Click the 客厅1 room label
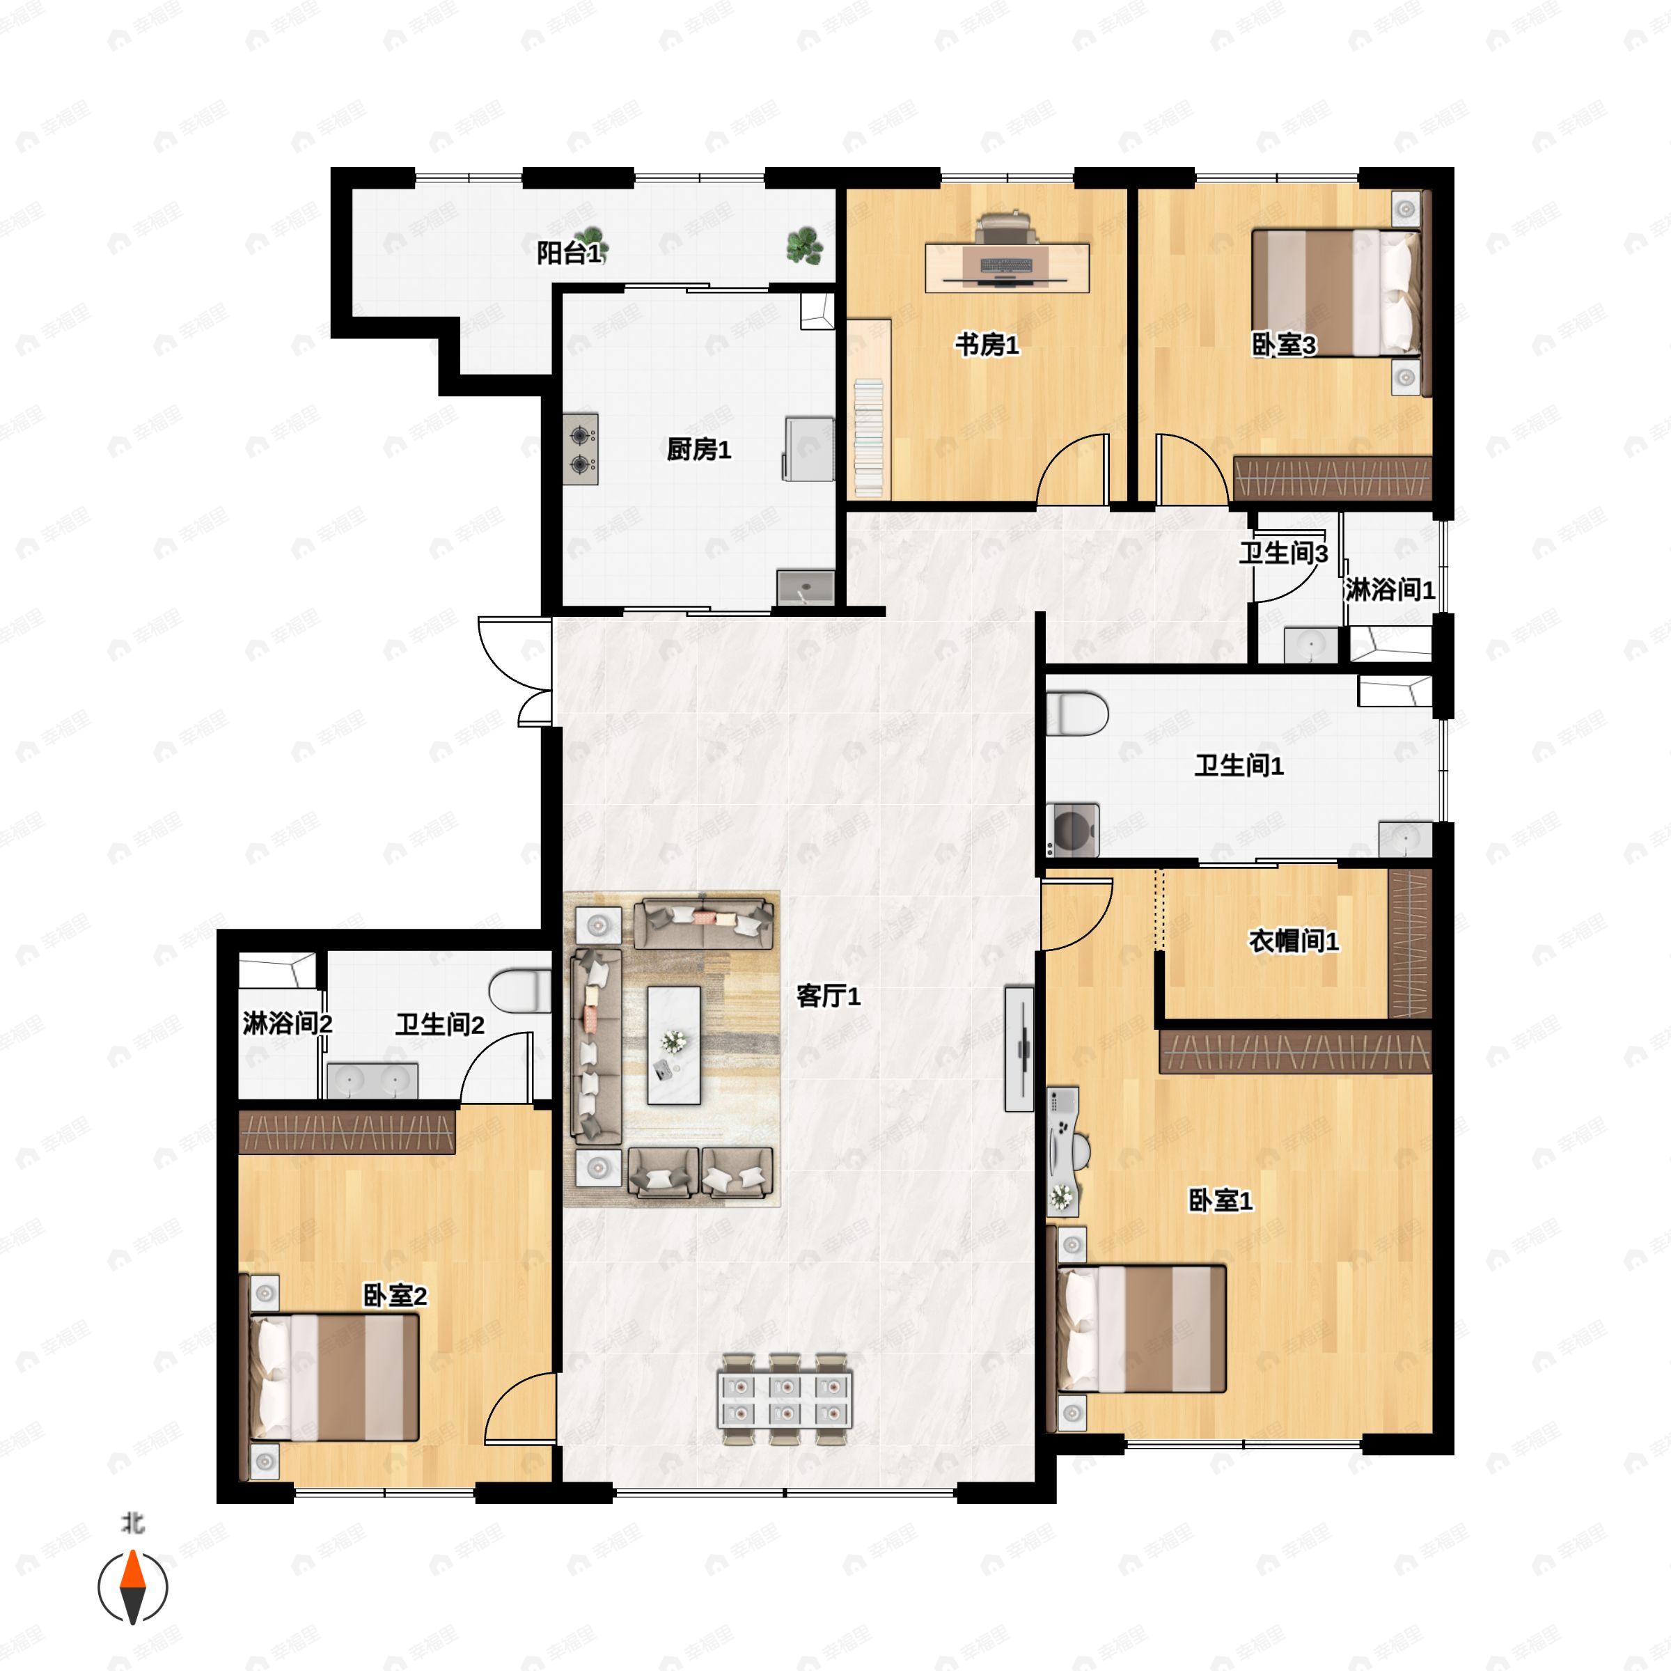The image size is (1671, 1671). tap(828, 996)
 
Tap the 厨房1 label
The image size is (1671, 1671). tap(699, 450)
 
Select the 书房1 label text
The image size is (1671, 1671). tap(987, 345)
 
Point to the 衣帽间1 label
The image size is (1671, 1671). tap(1293, 941)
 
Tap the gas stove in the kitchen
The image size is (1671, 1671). tap(581, 450)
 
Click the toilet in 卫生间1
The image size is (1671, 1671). tap(1077, 714)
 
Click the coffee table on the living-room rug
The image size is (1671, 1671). tap(675, 1046)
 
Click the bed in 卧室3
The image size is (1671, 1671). tap(1336, 292)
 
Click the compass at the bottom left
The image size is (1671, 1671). tap(132, 1588)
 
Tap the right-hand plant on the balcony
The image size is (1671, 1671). tap(804, 245)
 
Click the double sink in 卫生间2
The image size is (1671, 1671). tap(372, 1081)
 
